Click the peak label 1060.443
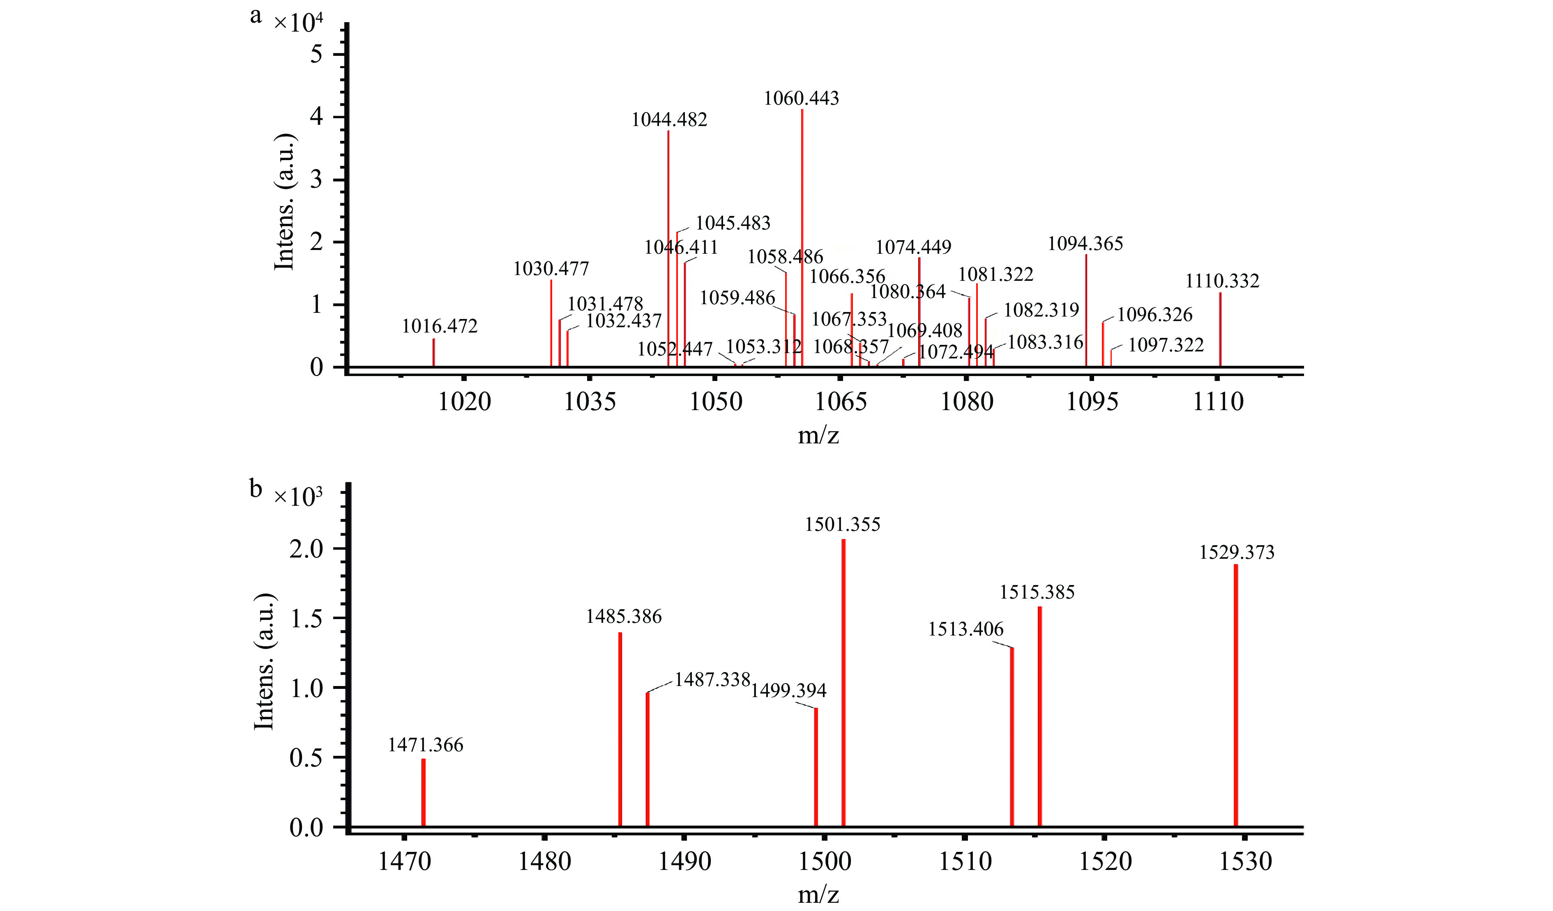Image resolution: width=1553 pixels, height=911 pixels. [801, 99]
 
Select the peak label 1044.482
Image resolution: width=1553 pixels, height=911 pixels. [669, 119]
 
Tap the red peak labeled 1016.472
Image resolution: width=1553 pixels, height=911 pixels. [434, 352]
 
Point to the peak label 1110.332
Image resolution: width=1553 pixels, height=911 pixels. [1222, 281]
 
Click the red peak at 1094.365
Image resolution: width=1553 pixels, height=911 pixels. [1086, 311]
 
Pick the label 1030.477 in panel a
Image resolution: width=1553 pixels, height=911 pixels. [551, 268]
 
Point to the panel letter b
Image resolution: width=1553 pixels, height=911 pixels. [256, 489]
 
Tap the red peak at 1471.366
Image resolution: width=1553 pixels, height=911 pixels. [423, 793]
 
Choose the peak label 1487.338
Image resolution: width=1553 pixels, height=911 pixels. [712, 679]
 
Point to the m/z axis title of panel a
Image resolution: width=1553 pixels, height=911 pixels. [818, 436]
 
